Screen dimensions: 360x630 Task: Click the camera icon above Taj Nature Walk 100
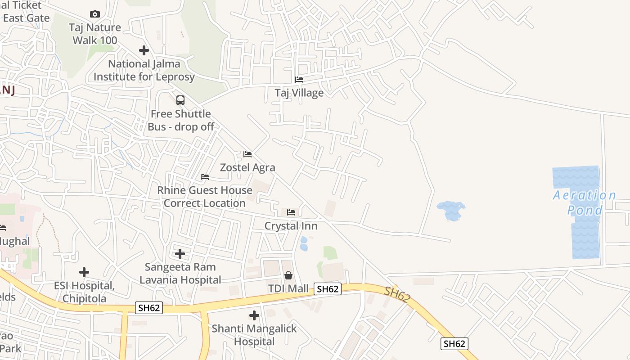(94, 14)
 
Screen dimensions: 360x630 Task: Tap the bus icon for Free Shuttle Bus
(180, 100)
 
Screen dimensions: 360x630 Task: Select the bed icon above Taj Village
(299, 80)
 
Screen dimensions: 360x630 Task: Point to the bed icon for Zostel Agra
(247, 154)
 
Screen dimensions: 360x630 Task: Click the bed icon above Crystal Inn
(291, 212)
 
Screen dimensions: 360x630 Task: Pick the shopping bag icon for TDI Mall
(288, 275)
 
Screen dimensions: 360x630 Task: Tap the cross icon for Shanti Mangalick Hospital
(254, 315)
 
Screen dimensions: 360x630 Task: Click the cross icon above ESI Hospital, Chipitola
(84, 272)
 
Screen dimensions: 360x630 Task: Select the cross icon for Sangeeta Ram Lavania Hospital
(180, 254)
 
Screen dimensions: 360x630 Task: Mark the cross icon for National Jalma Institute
(144, 50)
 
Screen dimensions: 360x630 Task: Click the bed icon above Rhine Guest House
(205, 177)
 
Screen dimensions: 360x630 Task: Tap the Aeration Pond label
(585, 202)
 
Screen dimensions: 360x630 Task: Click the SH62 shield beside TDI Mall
(327, 289)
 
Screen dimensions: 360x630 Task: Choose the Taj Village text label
(299, 93)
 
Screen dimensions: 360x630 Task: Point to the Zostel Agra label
(247, 167)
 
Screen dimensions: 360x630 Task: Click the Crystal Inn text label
(291, 226)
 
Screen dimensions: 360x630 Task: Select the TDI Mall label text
(288, 288)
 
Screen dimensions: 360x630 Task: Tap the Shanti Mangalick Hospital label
(254, 335)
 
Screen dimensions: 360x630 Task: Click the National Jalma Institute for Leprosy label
(144, 70)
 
